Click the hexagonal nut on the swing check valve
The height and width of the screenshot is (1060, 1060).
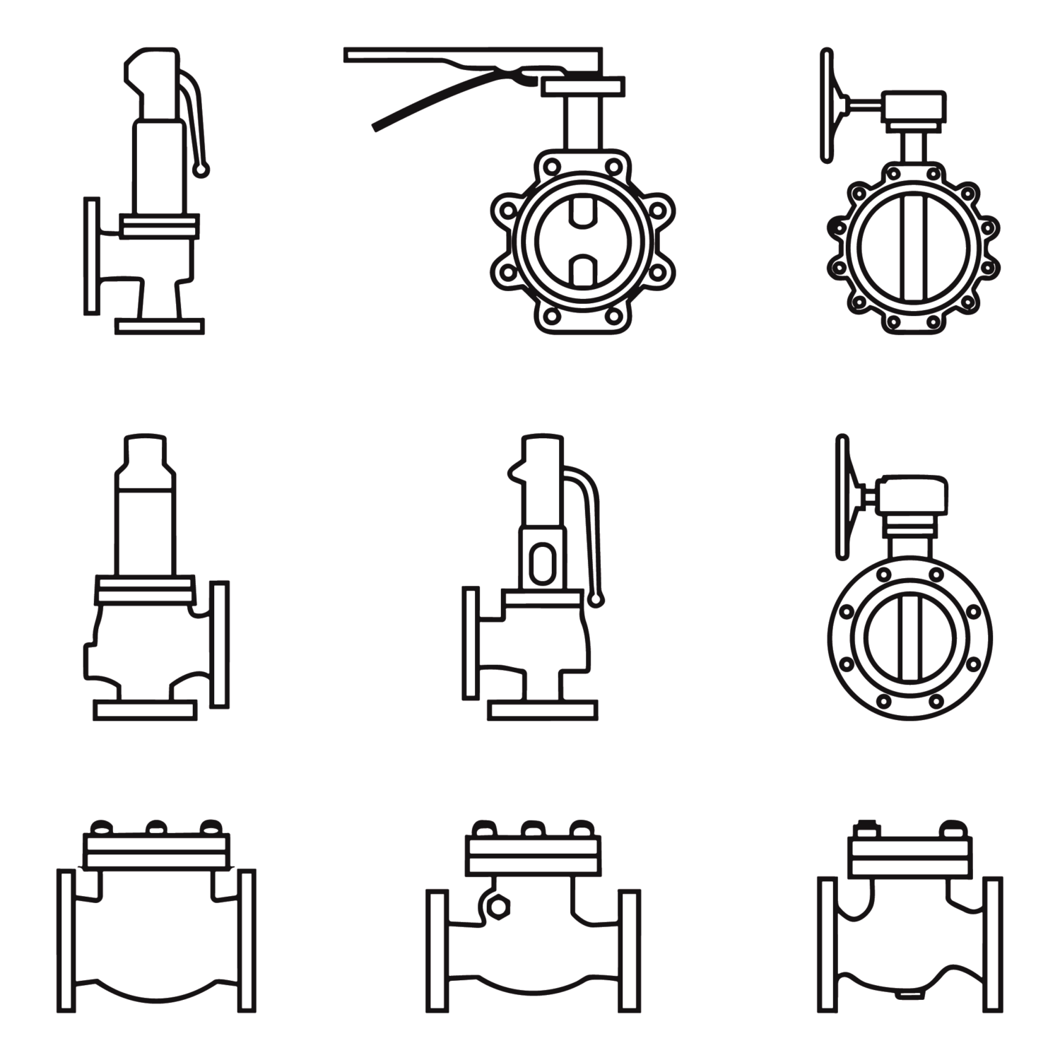point(499,906)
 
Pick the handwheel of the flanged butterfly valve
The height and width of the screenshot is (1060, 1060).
point(842,497)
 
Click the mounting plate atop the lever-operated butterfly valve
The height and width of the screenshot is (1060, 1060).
point(583,86)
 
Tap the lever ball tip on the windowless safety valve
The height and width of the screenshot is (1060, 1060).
point(203,169)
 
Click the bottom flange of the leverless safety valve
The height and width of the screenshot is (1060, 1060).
point(145,710)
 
